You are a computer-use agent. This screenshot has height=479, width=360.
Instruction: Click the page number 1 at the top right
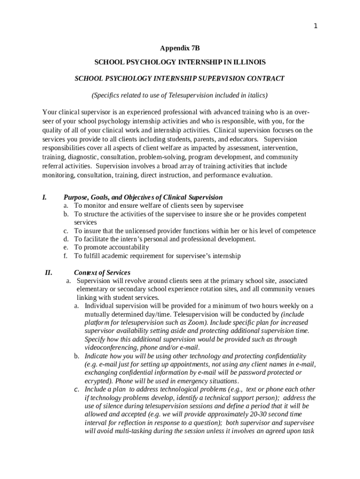[x=316, y=26]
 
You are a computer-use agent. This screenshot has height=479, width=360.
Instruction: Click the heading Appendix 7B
[x=180, y=48]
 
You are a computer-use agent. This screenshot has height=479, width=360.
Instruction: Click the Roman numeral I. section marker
[x=44, y=197]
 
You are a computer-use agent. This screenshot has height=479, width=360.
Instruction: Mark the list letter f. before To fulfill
[x=66, y=256]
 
